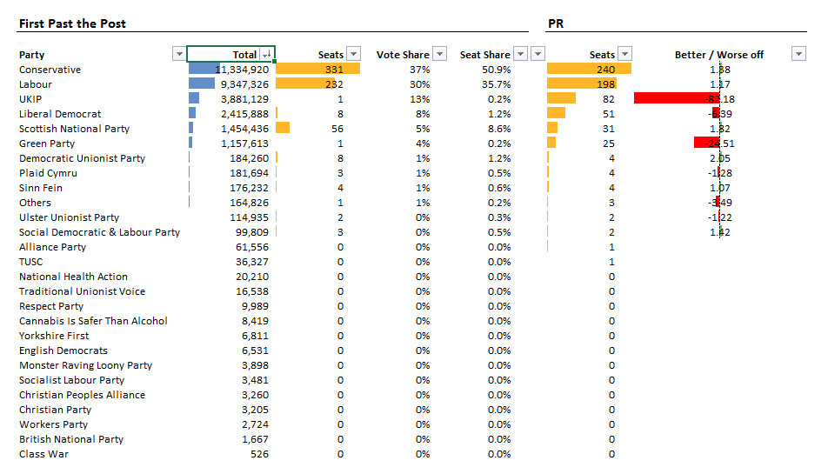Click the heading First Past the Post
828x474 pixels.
pos(72,23)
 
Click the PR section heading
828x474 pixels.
pos(556,23)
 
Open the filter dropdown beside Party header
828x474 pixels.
pos(179,54)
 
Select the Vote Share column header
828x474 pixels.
pos(403,55)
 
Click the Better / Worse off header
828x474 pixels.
pos(718,55)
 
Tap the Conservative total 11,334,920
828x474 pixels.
pos(242,70)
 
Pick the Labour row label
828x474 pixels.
pos(36,84)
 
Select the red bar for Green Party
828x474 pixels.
pos(706,144)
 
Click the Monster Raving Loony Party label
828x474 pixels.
pos(85,365)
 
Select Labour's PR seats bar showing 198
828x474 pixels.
pos(581,84)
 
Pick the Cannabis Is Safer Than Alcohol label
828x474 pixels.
pos(93,321)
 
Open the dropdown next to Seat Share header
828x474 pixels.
pos(520,54)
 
